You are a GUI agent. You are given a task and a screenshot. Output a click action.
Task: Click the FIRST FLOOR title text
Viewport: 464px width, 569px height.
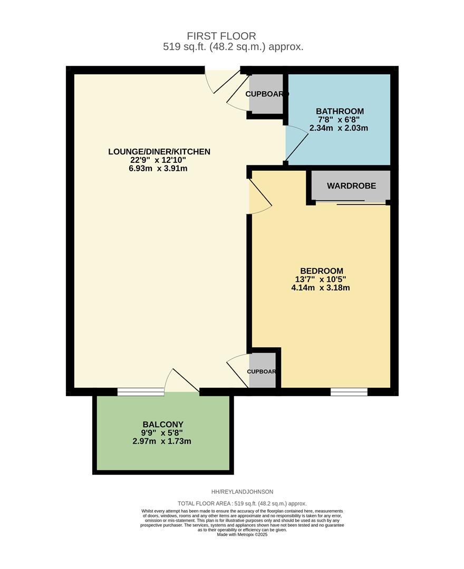221,36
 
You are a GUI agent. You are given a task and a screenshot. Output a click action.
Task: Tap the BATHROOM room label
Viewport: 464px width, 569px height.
340,111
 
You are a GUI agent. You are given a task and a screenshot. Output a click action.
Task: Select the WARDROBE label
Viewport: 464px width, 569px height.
351,186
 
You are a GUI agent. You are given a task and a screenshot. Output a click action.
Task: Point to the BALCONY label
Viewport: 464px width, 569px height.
163,424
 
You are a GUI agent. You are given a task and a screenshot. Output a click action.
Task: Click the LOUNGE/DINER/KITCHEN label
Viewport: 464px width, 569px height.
159,152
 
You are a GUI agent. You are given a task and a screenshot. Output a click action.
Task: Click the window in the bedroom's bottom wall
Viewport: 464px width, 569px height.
349,391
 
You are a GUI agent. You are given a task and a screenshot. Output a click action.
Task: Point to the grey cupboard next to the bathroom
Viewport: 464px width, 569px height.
266,94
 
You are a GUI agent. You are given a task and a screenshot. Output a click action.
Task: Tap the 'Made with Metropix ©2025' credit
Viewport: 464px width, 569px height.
242,534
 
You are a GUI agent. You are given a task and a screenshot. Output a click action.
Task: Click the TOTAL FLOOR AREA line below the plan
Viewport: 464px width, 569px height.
242,504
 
